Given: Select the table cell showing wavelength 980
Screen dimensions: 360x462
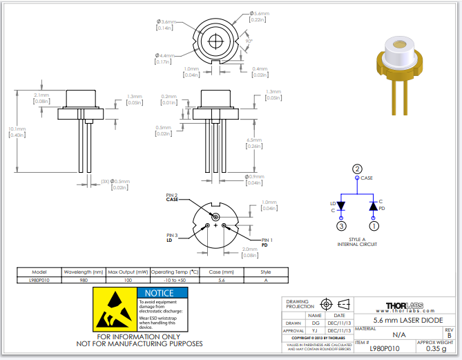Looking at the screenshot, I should pos(84,281).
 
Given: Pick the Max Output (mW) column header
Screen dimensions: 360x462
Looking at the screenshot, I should pos(128,272).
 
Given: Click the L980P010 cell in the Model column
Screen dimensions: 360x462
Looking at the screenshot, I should pos(39,281).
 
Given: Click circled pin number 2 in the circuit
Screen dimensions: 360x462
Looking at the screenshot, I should pos(357,169).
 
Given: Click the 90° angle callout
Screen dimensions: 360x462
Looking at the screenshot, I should pos(248,41).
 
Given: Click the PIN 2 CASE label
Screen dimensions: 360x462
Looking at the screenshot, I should pos(171,197).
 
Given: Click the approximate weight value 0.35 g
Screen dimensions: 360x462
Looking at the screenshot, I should pos(435,350).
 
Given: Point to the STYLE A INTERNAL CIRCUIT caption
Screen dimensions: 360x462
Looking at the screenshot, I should pos(357,242).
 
